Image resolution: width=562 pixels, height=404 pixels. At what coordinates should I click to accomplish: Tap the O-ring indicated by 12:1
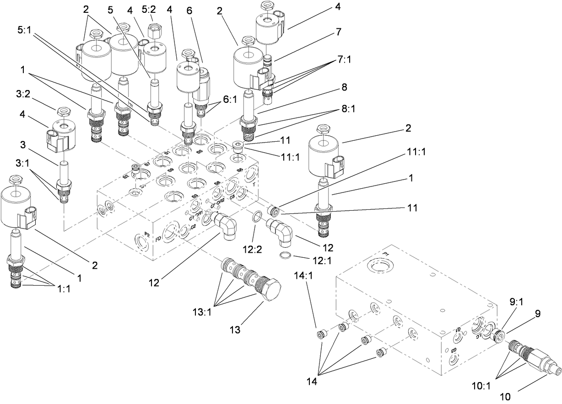pyautogui.click(x=284, y=255)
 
